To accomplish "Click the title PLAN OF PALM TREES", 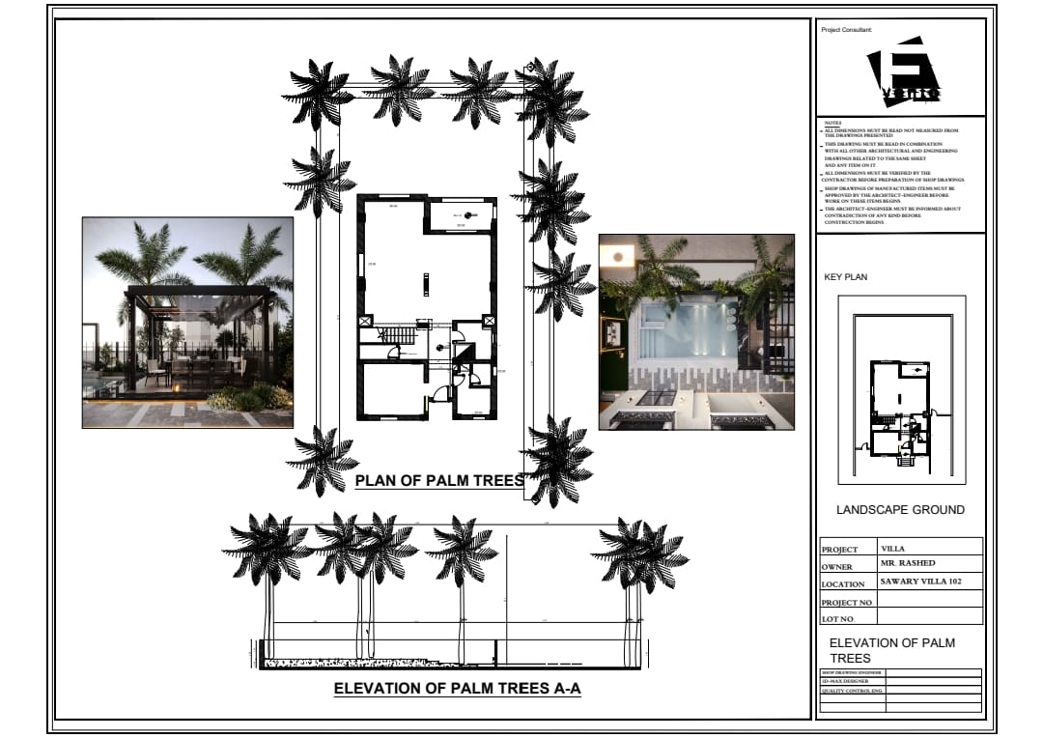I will pos(439,480).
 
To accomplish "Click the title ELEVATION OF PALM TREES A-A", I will pos(457,689).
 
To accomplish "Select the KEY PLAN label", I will pos(845,277).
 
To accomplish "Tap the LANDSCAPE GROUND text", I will pos(900,510).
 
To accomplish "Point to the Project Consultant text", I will pos(846,30).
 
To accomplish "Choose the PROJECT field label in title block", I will pos(839,550).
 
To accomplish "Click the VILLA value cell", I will pos(893,548).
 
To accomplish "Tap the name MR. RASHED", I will pos(908,563).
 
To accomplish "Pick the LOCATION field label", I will pos(843,584).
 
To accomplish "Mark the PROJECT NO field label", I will pos(846,603).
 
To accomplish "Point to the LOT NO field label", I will pos(837,619).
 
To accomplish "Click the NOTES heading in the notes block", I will pos(832,124).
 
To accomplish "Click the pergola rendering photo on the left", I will pos(187,323).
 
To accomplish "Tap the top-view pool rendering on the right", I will pos(696,331).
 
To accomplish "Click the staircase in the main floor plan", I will pos(399,335).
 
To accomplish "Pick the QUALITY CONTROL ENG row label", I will pos(852,691).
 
